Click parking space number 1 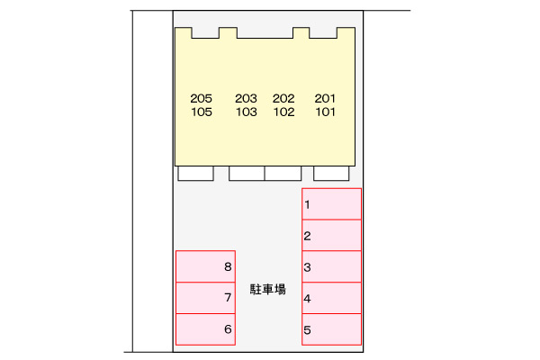[x=331, y=204]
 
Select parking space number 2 [x=331, y=235]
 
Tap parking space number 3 [x=331, y=266]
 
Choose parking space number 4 [x=331, y=298]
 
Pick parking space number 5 [x=331, y=329]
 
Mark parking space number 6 [x=205, y=329]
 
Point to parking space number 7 [x=205, y=298]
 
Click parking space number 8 [x=205, y=266]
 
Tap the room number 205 [x=201, y=98]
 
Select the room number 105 [x=202, y=112]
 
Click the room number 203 [x=246, y=98]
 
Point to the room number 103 [x=247, y=112]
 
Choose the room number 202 [x=283, y=98]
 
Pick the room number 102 [x=283, y=112]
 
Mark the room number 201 [x=325, y=98]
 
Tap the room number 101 [x=325, y=112]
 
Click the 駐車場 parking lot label [x=267, y=290]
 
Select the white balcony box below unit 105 [x=195, y=174]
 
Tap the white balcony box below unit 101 [x=331, y=174]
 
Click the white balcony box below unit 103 [x=247, y=174]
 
